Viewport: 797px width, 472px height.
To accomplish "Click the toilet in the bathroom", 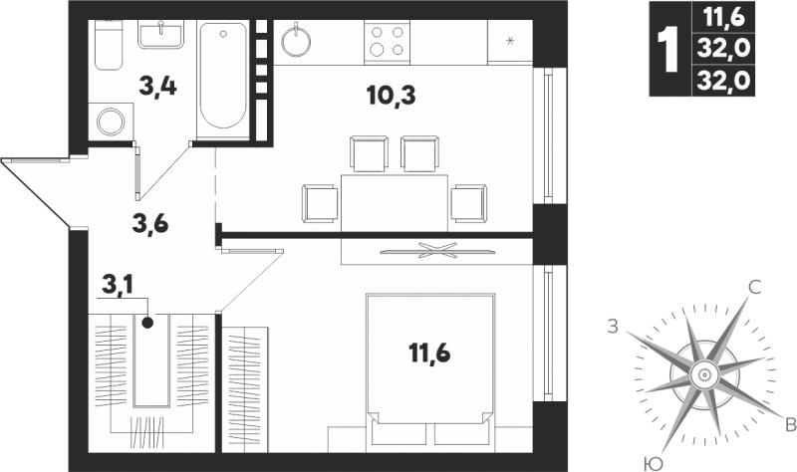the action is click(109, 45).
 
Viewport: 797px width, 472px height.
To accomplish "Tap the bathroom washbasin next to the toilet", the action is click(160, 35).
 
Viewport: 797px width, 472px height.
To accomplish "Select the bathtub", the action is click(223, 78).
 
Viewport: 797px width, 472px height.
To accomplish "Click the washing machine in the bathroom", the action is click(111, 121).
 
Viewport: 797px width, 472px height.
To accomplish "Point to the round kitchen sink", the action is click(296, 40).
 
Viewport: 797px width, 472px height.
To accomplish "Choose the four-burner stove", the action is click(387, 42).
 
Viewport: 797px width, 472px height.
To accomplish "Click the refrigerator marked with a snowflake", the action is click(510, 42).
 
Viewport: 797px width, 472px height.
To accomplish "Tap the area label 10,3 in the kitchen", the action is click(391, 96).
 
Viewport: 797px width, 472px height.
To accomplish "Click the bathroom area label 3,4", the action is click(157, 88).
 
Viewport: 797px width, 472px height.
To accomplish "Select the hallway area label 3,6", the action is click(150, 223).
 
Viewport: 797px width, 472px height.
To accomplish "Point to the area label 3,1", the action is click(118, 286).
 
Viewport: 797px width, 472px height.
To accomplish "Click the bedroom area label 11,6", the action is click(429, 353).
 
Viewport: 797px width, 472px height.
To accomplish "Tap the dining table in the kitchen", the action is click(395, 202).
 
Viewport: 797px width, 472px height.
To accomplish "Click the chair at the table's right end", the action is click(468, 203).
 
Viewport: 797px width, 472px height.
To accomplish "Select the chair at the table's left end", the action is click(320, 203).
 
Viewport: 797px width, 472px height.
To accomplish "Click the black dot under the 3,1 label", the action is click(147, 322).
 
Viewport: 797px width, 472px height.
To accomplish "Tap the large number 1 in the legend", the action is click(668, 49).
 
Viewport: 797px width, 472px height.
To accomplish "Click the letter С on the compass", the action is click(755, 288).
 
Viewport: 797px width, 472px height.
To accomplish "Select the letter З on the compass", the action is click(614, 327).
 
